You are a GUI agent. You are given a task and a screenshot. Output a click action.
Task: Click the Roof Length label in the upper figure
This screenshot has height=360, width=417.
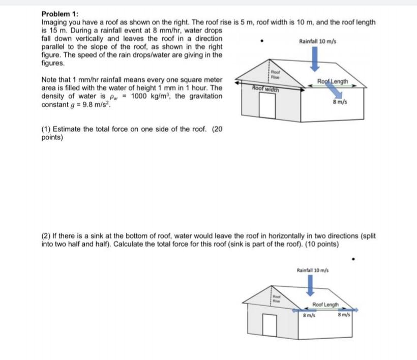tap(333, 81)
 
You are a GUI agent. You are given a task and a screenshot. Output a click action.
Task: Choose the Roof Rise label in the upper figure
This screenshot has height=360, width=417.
tap(275, 75)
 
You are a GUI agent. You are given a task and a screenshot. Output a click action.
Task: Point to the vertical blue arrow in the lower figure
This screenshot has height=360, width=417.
tap(311, 287)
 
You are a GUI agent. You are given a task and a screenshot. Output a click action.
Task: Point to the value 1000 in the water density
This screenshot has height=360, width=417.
tap(139, 96)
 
